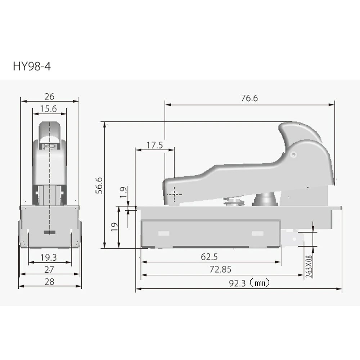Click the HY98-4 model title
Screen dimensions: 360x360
[x=32, y=66]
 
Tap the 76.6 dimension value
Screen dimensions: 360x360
[x=249, y=98]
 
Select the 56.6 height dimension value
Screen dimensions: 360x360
[x=99, y=185]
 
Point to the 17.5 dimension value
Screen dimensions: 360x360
[x=155, y=145]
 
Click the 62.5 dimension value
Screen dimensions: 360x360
[x=209, y=257]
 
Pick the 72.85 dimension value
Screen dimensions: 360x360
[x=220, y=269]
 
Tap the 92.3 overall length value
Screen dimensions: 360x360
[x=237, y=283]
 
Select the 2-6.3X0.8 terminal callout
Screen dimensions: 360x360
[x=309, y=266]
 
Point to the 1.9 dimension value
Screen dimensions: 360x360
[x=123, y=192]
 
